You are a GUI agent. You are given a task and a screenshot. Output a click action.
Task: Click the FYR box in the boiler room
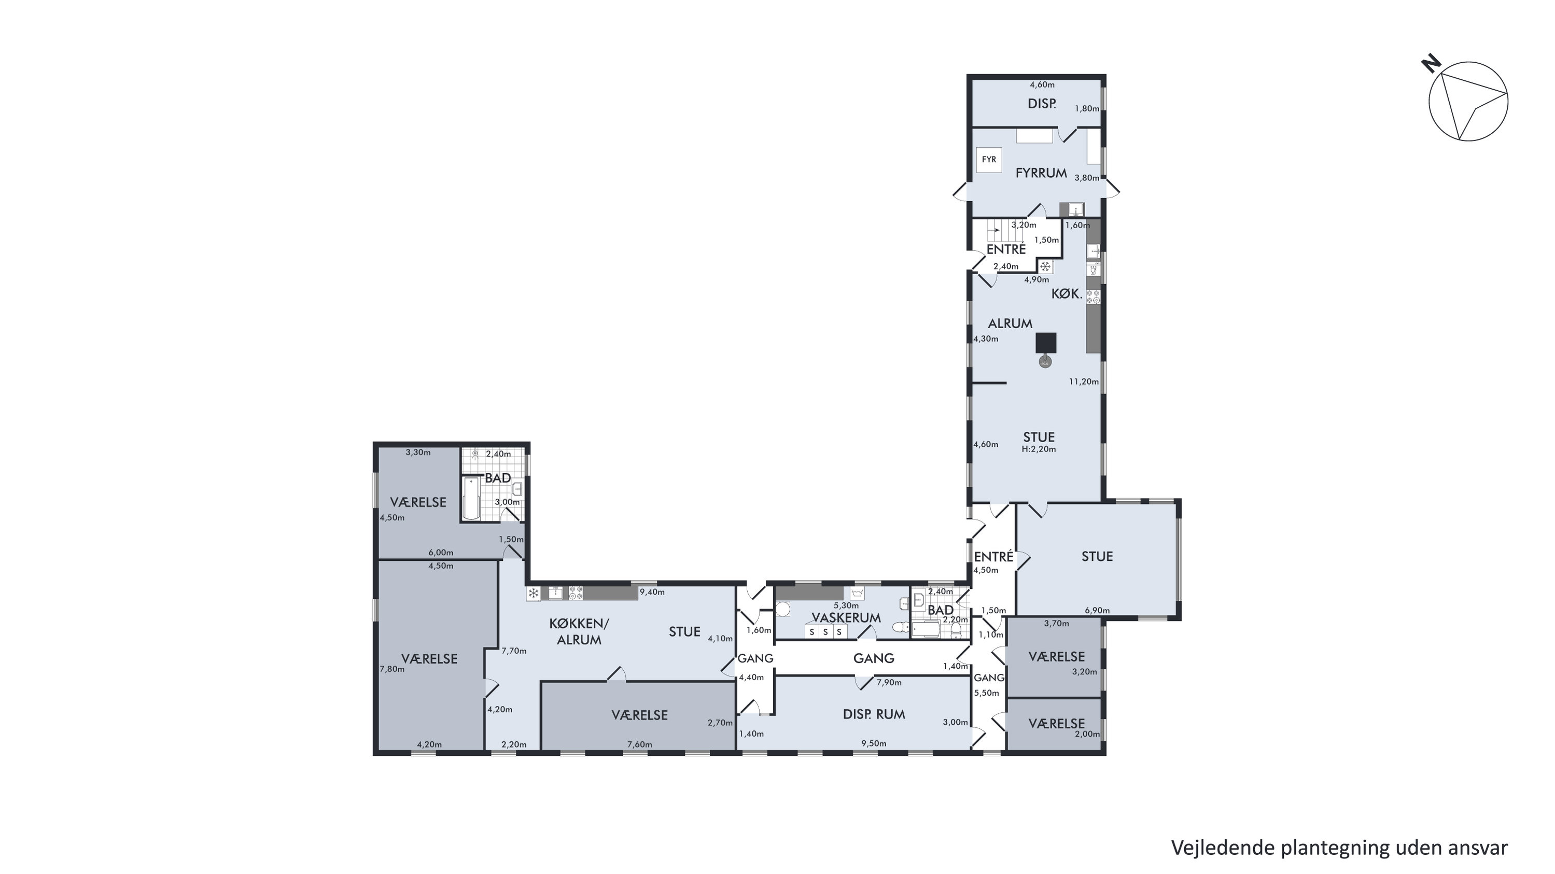click(x=989, y=160)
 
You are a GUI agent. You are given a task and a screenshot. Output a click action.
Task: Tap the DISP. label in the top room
click(x=1042, y=104)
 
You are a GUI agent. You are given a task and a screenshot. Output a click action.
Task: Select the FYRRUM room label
click(x=1041, y=173)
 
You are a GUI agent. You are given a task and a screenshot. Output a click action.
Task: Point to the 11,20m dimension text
click(x=1084, y=382)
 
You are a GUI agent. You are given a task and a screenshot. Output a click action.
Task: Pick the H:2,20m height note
click(x=1039, y=449)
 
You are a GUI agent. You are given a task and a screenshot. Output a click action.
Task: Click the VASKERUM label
click(x=846, y=617)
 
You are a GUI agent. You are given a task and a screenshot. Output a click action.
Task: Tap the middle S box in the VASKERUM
click(x=825, y=632)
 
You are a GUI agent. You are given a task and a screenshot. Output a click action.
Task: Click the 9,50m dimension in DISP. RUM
click(x=874, y=743)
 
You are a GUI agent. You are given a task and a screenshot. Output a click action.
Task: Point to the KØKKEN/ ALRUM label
click(x=579, y=632)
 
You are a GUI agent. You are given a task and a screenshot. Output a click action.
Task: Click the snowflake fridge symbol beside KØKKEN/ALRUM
click(x=534, y=594)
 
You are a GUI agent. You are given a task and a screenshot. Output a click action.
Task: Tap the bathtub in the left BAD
click(x=471, y=498)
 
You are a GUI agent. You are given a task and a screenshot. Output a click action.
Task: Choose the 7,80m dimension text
click(x=393, y=669)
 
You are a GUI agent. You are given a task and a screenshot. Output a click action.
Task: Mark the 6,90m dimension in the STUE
click(x=1098, y=610)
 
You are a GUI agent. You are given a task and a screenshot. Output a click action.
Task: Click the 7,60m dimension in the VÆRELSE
click(x=640, y=744)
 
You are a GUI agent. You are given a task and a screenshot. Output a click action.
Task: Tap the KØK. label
click(x=1067, y=294)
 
